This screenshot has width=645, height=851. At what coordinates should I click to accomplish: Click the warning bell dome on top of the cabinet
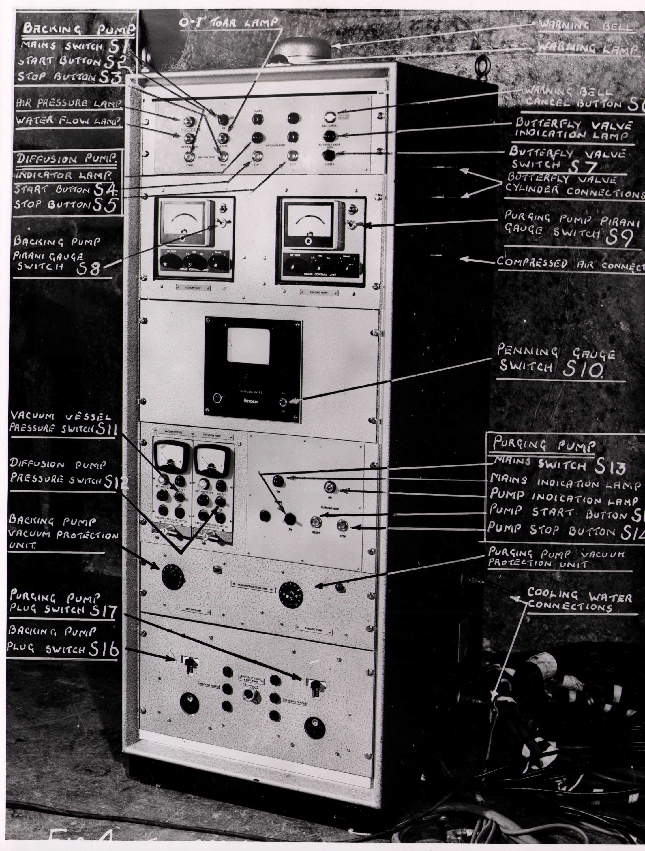point(304,48)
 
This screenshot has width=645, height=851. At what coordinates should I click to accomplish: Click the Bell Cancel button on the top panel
point(330,117)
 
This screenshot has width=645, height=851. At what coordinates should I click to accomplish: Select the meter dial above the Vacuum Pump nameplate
point(183,222)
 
